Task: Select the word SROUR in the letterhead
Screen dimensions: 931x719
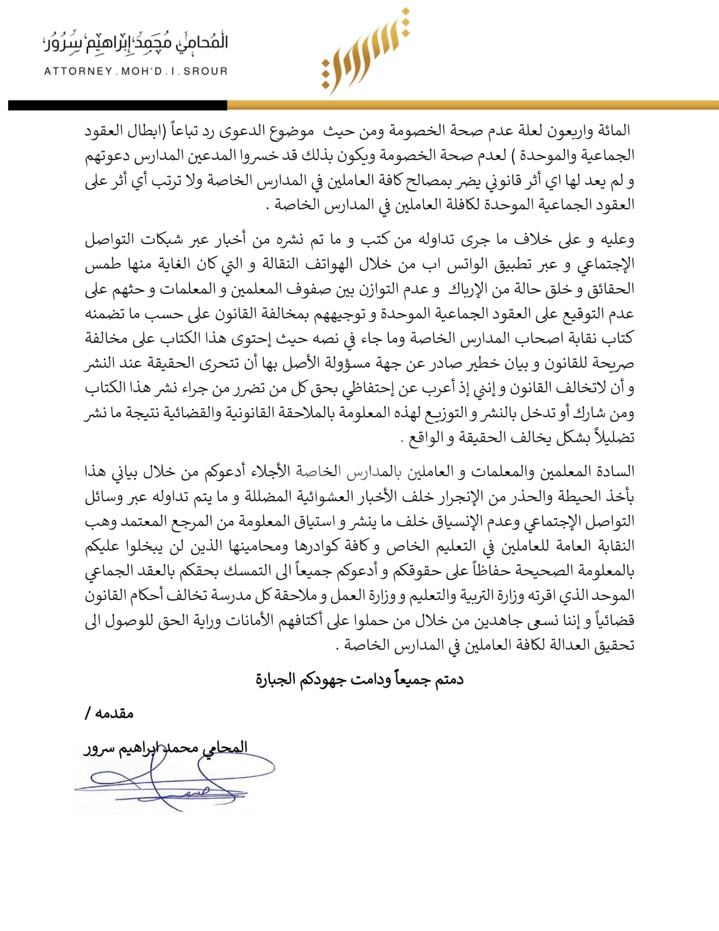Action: click(x=205, y=72)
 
